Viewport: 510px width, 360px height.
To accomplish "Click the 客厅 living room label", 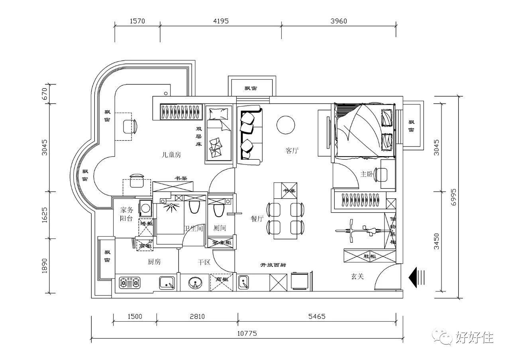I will pos(292,151).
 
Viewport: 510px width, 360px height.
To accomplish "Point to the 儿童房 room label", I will pos(171,155).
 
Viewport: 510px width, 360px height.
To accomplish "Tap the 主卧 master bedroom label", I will pos(367,174).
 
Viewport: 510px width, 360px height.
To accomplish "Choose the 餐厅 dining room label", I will pos(257,218).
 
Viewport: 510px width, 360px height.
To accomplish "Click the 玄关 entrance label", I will pos(357,276).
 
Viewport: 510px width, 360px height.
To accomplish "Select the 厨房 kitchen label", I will pos(154,262).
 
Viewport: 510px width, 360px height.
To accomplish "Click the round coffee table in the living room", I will pos(286,125).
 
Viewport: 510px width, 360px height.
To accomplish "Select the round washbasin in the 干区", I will pos(195,283).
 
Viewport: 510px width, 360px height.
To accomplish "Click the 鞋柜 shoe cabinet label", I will pos(369,256).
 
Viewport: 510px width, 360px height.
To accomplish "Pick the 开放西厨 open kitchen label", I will pos(273,265).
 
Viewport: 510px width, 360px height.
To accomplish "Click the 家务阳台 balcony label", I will pos(126,214).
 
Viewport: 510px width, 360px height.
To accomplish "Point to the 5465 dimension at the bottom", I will pos(316,317).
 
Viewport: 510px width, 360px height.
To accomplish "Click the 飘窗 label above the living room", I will pos(251,88).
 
